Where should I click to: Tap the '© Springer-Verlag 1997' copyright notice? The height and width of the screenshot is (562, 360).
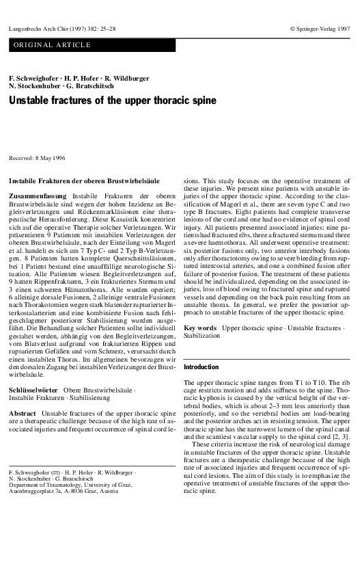(319, 29)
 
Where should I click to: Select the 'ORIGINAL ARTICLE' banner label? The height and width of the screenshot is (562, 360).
(50, 45)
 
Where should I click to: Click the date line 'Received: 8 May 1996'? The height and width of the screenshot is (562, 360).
(36, 158)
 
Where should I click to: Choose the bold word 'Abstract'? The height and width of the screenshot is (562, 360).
(23, 414)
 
